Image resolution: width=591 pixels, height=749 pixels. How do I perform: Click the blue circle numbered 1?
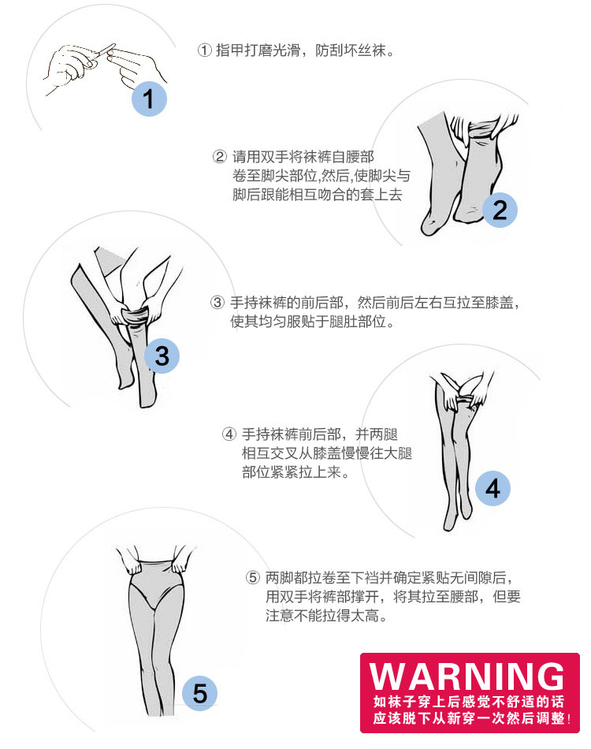click(x=149, y=99)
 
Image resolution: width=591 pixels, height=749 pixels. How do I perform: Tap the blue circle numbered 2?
click(x=500, y=211)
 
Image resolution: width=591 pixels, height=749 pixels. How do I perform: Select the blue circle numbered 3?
click(x=162, y=356)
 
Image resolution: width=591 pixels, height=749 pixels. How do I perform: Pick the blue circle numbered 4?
click(x=492, y=488)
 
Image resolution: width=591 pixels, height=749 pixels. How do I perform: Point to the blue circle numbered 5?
click(x=199, y=693)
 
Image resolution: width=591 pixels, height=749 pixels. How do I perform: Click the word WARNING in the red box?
click(x=466, y=676)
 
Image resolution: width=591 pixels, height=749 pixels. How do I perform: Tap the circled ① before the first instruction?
click(x=204, y=50)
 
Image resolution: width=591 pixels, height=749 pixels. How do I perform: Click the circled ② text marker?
click(x=220, y=157)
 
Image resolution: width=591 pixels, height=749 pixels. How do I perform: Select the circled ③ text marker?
click(x=217, y=302)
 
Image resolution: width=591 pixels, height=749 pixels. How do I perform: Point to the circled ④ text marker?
click(x=229, y=434)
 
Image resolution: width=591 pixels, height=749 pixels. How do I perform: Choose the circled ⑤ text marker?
click(x=253, y=577)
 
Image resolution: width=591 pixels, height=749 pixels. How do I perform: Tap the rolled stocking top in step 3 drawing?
click(x=136, y=316)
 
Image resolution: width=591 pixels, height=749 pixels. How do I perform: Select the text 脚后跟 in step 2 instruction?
click(x=254, y=195)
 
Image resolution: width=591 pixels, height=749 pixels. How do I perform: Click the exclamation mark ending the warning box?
click(x=569, y=718)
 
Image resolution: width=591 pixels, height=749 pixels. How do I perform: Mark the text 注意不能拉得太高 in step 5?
click(x=322, y=616)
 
